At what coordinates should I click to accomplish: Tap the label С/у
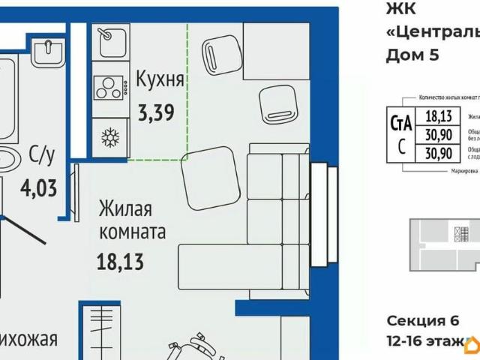[x=42, y=154]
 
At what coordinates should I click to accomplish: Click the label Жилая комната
[x=131, y=220]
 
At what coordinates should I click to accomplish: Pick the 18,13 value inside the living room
[x=120, y=262]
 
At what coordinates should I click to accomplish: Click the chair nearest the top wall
[x=223, y=55]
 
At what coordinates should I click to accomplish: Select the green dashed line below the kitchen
[x=157, y=159]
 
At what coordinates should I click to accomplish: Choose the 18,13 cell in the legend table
[x=438, y=115]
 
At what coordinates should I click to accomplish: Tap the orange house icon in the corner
[x=472, y=345]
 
